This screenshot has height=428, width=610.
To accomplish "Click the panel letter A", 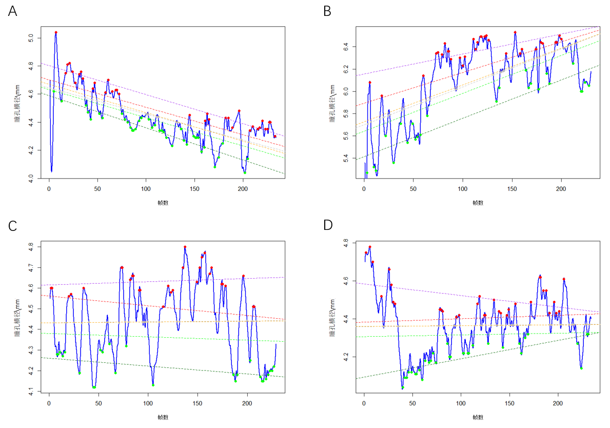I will point(13,11).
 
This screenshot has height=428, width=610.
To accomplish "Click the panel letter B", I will point(327,11).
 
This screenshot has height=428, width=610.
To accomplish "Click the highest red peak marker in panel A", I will point(56,32).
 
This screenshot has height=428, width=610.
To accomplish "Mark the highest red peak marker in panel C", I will point(185,247).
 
